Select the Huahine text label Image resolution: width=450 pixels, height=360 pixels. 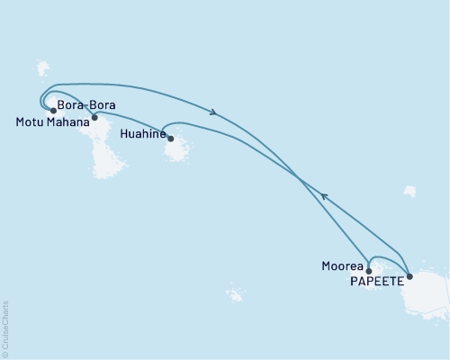141,133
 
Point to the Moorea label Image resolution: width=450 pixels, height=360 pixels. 342,265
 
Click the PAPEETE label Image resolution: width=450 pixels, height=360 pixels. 373,281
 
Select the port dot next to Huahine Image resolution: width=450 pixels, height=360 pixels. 171,139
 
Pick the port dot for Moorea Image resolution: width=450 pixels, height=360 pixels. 369,269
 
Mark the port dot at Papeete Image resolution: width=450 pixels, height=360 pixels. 409,276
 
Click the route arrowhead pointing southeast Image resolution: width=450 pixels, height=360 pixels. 215,112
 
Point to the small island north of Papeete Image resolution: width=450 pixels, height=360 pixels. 410,191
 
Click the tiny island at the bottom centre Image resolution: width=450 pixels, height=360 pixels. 236,295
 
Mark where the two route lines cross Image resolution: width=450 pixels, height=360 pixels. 298,177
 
